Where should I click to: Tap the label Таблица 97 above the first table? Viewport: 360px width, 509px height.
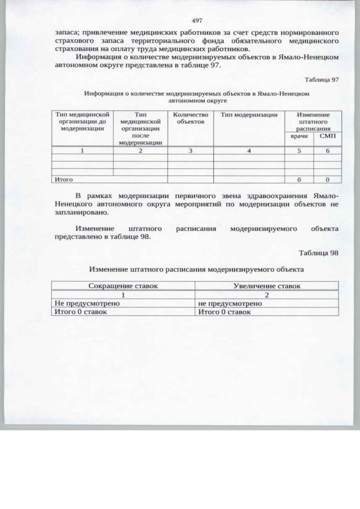tap(322, 79)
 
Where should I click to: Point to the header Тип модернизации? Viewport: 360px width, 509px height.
tap(249, 115)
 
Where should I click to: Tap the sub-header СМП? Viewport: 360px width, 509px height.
tap(327, 136)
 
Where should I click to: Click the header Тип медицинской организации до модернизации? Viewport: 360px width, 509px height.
tap(82, 121)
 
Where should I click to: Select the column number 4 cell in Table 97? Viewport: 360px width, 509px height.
tap(249, 150)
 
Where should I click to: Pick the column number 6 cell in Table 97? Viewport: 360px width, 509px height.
tap(327, 150)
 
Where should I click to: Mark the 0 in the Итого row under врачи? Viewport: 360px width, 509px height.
tap(299, 179)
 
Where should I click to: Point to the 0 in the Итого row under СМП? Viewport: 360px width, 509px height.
tap(327, 179)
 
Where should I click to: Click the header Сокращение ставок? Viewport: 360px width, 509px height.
tap(123, 286)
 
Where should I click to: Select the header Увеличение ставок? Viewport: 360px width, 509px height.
tap(267, 286)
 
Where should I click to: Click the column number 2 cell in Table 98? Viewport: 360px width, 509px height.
tap(267, 295)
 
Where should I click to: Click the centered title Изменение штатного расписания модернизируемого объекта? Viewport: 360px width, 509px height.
tap(196, 269)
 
